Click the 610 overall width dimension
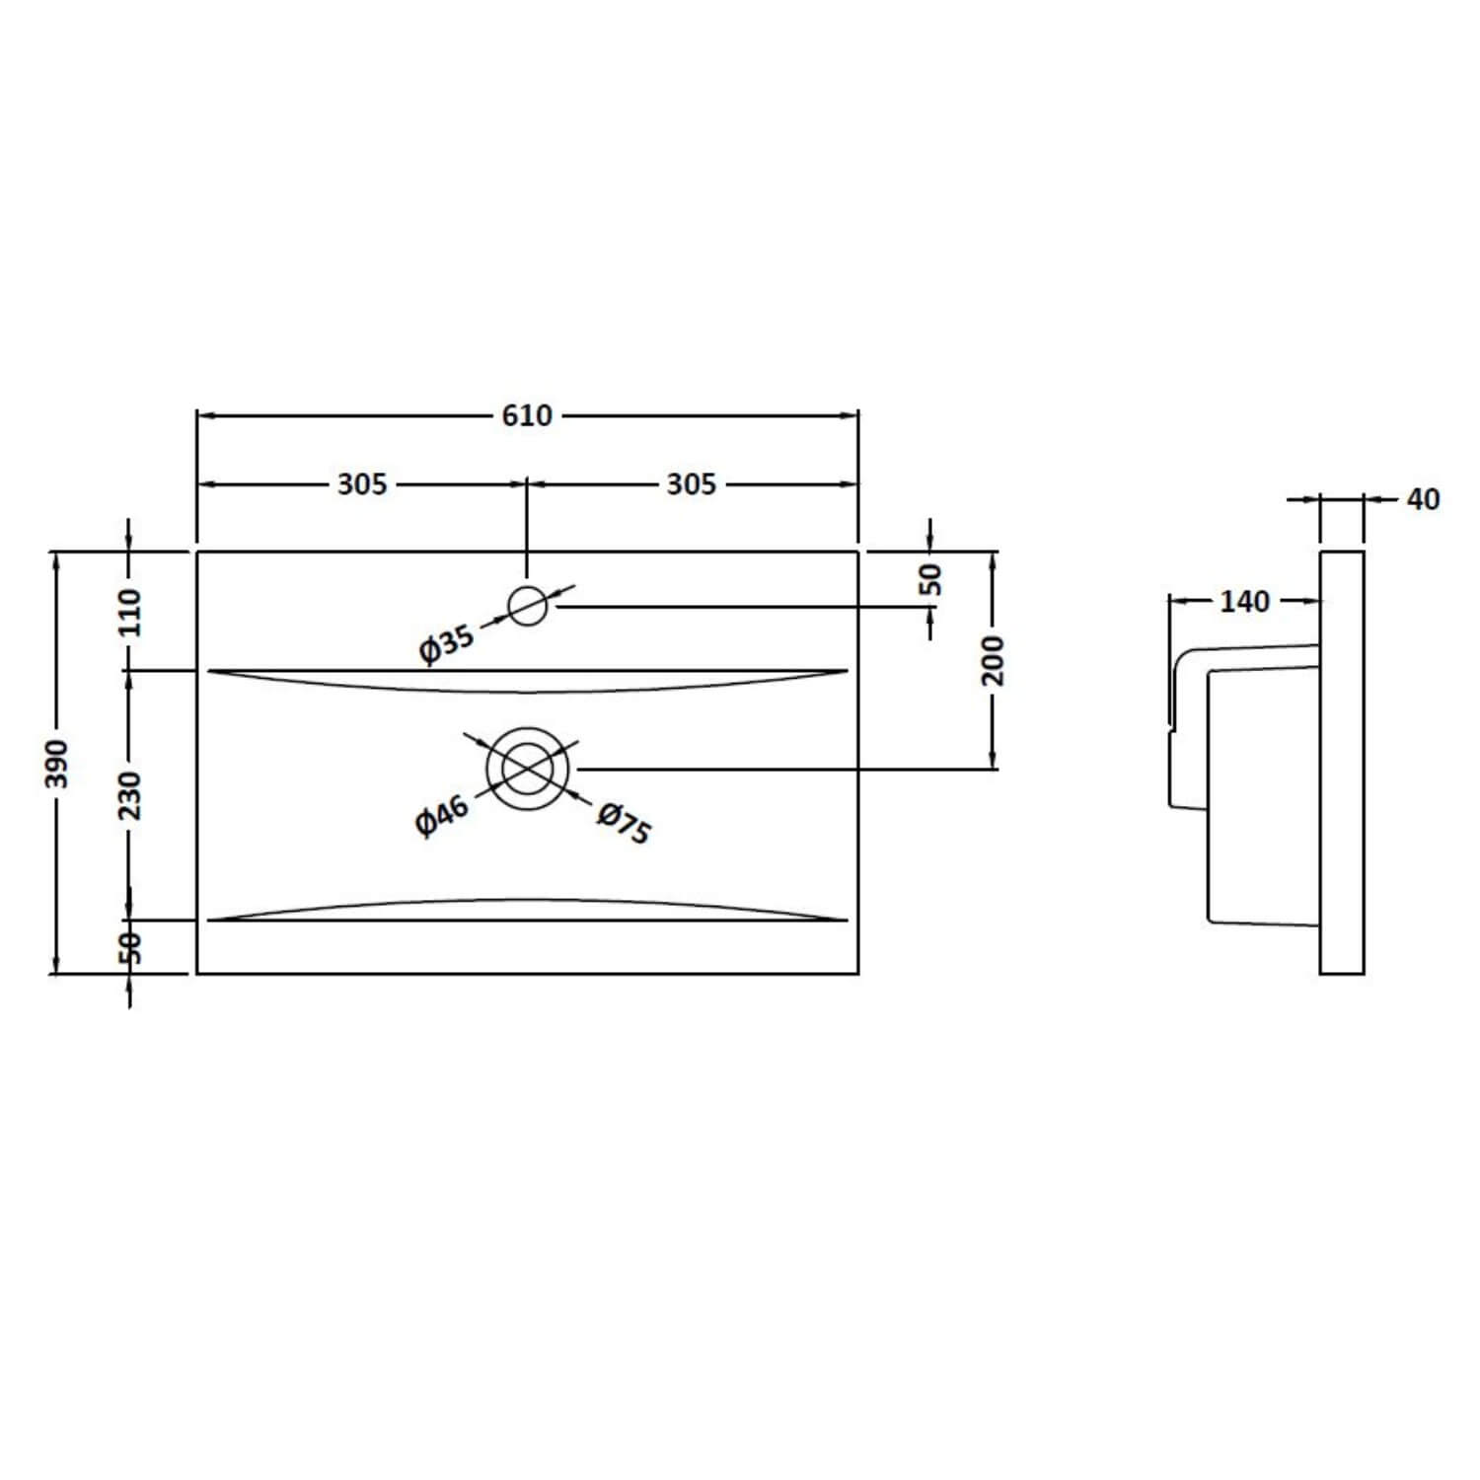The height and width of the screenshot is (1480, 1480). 527,415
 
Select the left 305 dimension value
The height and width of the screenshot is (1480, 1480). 362,484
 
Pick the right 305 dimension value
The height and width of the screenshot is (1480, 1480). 691,484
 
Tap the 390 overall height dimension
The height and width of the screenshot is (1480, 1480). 58,762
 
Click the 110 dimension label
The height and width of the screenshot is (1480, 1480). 130,612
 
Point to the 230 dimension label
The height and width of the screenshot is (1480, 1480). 130,795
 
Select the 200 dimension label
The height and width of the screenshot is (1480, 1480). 993,660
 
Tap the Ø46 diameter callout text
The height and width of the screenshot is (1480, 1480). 441,815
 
